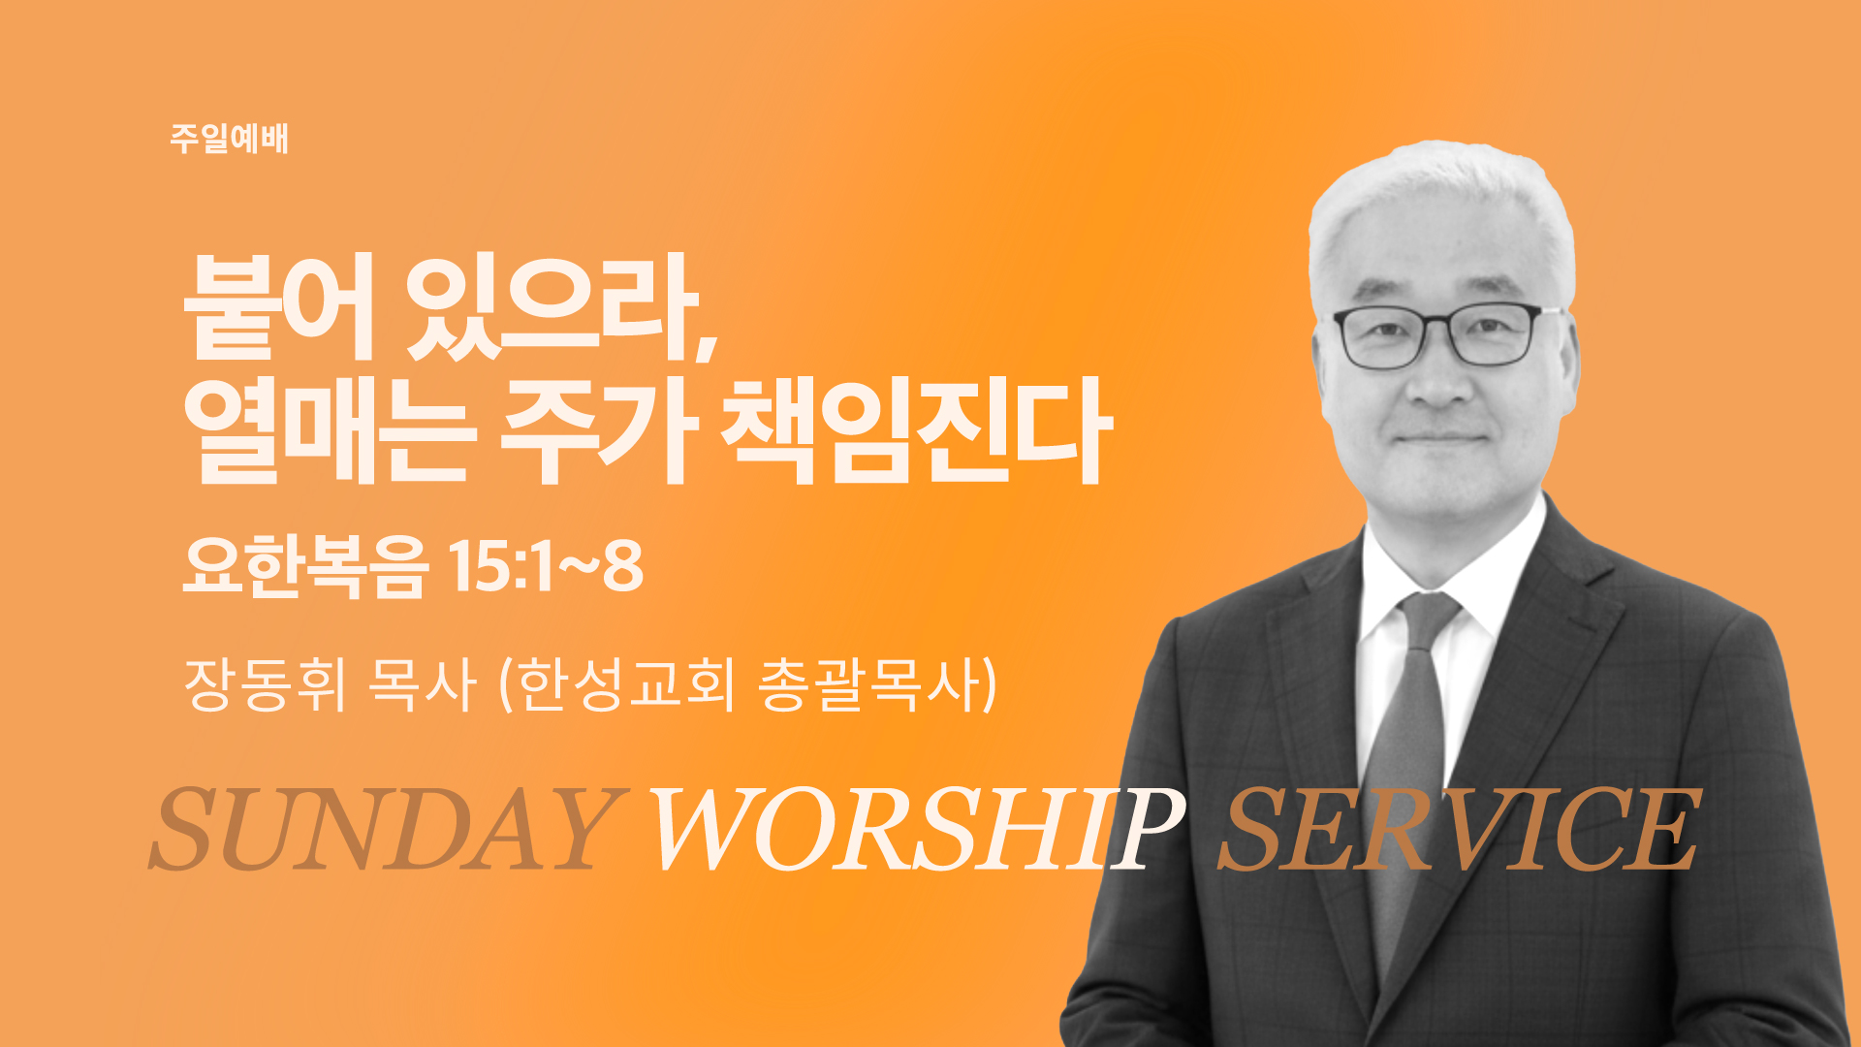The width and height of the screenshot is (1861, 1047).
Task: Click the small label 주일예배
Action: pos(230,139)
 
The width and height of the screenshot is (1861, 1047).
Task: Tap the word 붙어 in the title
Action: pos(279,306)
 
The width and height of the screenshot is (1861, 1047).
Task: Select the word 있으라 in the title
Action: pos(552,306)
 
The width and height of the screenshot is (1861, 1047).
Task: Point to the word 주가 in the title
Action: pos(598,432)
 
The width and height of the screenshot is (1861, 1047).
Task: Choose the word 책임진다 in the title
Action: pos(916,432)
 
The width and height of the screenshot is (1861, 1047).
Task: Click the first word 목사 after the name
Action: pos(423,684)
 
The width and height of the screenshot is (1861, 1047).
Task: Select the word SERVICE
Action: pos(1459,830)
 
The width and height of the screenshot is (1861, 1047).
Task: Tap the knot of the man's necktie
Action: pos(1427,616)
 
